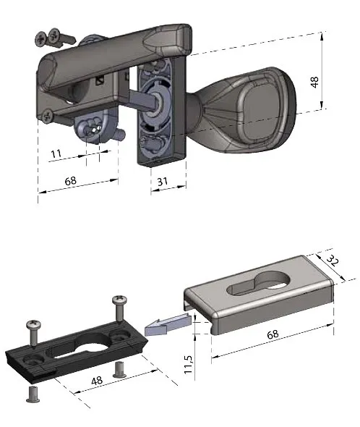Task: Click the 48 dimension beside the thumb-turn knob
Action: click(314, 82)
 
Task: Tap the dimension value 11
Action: click(56, 153)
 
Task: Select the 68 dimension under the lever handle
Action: click(70, 181)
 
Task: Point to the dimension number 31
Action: click(163, 182)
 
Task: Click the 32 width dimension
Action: click(333, 261)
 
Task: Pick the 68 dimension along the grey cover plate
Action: click(273, 334)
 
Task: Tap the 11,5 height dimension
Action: click(188, 364)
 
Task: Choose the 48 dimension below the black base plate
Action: click(97, 381)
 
